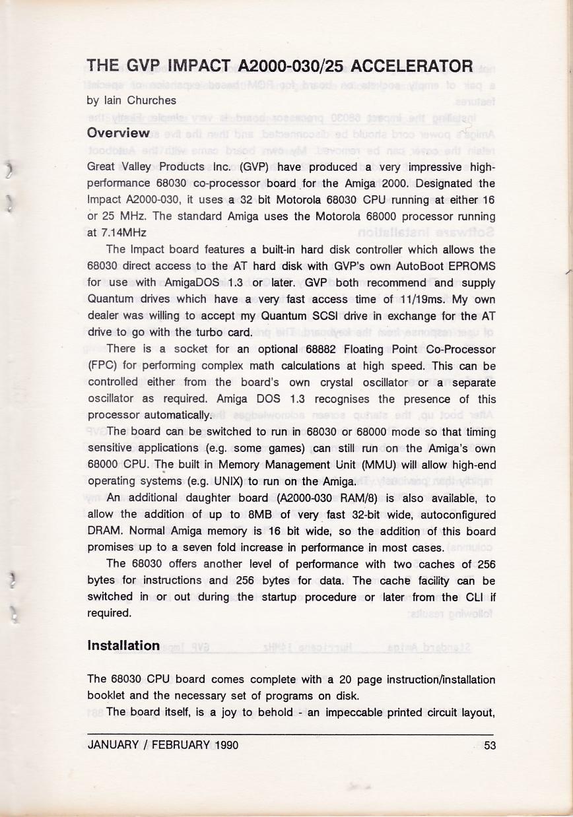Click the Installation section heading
point(123,645)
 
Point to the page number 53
point(489,746)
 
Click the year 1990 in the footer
point(226,746)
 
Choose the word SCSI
point(300,315)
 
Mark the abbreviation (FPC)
point(102,366)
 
